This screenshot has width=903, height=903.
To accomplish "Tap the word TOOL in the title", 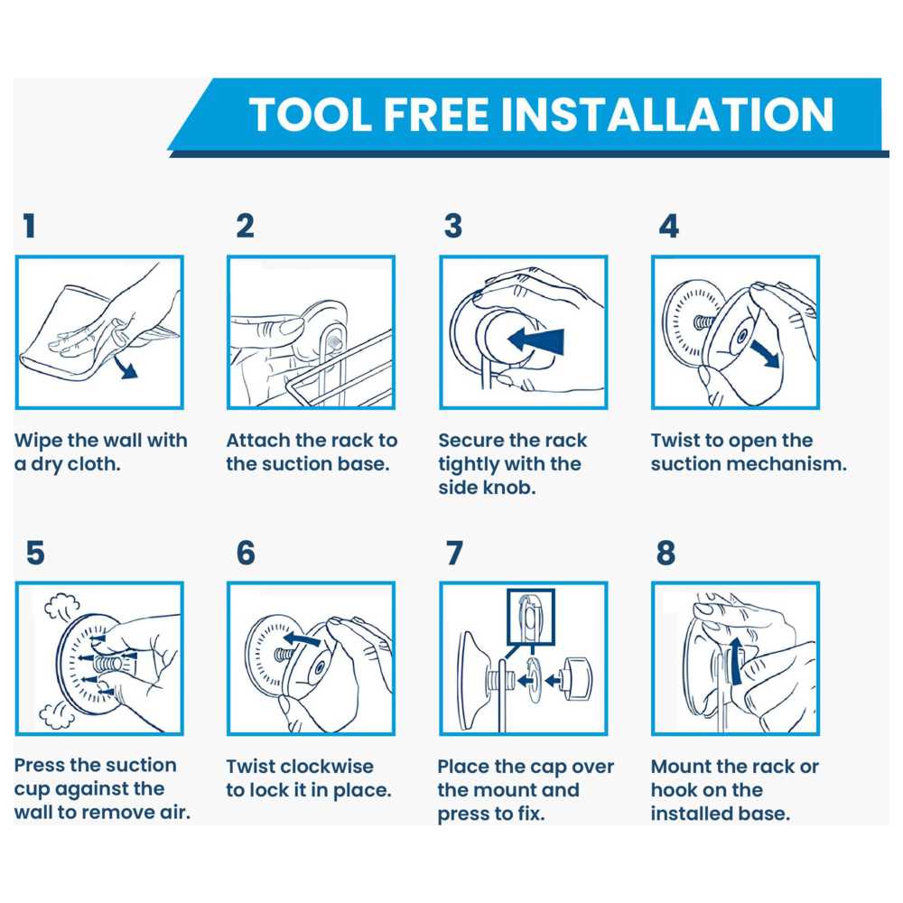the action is (x=311, y=115).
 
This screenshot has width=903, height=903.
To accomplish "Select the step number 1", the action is (x=30, y=226).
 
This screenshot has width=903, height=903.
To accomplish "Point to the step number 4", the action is (x=668, y=227).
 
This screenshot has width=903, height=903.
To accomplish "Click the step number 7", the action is (x=454, y=553).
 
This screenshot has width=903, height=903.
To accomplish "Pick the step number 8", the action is (x=666, y=553).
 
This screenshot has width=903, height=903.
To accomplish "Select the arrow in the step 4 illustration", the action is (x=766, y=352).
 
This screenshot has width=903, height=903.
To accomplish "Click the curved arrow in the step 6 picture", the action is (x=302, y=638).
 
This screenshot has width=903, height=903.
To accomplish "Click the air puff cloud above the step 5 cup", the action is (x=61, y=608).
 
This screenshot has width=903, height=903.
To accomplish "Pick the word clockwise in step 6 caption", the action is (x=328, y=767).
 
